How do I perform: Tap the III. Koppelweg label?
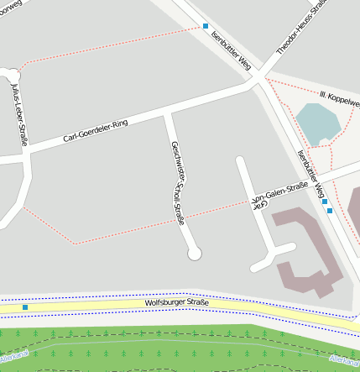339,96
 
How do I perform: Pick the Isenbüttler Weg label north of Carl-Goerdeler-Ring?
232,50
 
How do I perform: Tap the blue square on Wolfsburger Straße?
25,307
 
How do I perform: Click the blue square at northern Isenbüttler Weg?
206,26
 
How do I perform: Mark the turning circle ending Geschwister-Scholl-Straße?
195,253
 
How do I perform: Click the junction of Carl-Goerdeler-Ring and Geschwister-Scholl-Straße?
168,112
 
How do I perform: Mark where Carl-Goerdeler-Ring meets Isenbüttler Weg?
254,81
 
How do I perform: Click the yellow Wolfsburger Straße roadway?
101,307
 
